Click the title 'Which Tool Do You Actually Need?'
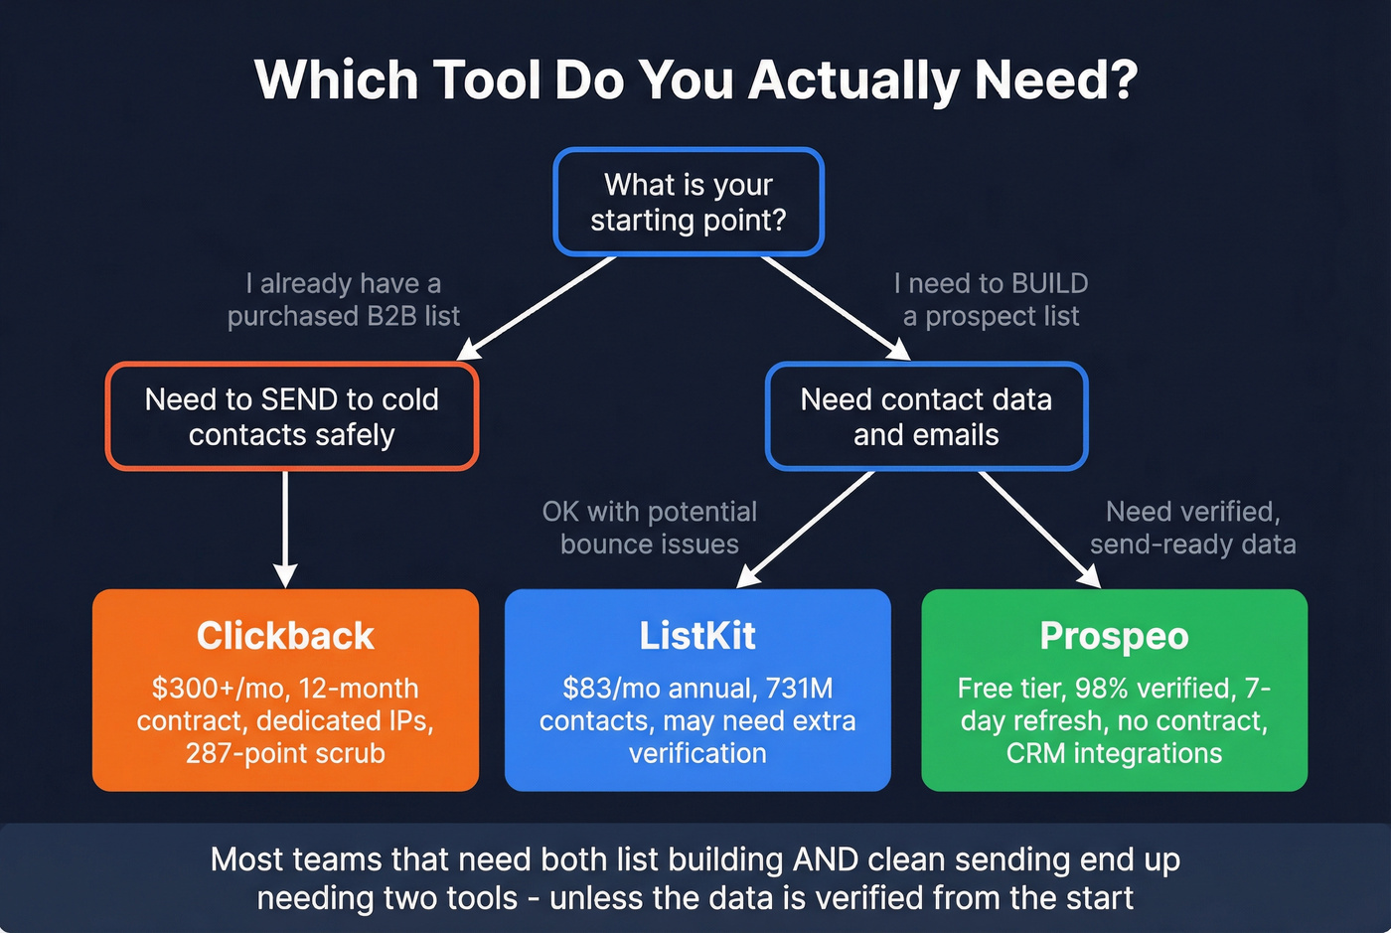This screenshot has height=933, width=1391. tap(695, 80)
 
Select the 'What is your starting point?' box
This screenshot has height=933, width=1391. tap(689, 202)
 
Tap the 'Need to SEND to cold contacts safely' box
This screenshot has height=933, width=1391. tap(292, 416)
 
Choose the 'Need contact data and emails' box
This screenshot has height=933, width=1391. tap(926, 416)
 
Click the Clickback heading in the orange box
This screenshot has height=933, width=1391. tap(285, 636)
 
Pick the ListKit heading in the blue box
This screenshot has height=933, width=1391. tap(697, 636)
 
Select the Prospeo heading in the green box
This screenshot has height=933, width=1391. tap(1114, 636)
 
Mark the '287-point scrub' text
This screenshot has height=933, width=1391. tap(285, 753)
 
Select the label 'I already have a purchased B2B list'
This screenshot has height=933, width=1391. tap(344, 300)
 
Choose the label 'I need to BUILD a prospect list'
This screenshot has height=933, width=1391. tap(991, 300)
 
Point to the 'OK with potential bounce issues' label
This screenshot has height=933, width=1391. tap(650, 528)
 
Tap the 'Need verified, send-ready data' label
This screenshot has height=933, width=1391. tap(1192, 528)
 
